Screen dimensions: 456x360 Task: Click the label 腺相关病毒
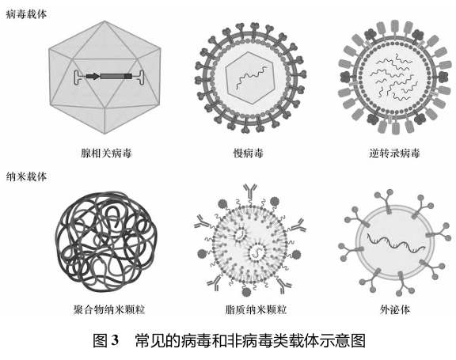click(106, 153)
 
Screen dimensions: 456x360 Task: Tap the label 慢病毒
click(248, 153)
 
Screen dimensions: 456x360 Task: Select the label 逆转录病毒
click(394, 153)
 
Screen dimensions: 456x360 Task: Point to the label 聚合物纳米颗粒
click(109, 309)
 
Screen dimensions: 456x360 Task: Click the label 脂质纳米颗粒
click(256, 309)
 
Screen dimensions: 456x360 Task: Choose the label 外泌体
click(394, 309)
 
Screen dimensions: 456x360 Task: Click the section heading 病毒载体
click(26, 14)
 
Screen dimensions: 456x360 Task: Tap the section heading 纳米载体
click(26, 176)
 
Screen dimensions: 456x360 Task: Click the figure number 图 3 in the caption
click(106, 340)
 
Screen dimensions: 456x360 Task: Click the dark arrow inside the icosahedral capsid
click(93, 77)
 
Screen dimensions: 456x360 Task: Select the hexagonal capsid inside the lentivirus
click(250, 78)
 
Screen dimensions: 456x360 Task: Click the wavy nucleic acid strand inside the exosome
click(396, 242)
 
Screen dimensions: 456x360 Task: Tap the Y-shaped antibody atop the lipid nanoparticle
click(250, 191)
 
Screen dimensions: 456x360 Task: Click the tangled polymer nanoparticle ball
click(106, 241)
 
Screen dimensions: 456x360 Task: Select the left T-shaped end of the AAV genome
click(78, 78)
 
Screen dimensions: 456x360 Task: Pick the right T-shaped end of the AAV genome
click(140, 78)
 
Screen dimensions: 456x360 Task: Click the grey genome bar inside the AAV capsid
click(116, 77)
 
